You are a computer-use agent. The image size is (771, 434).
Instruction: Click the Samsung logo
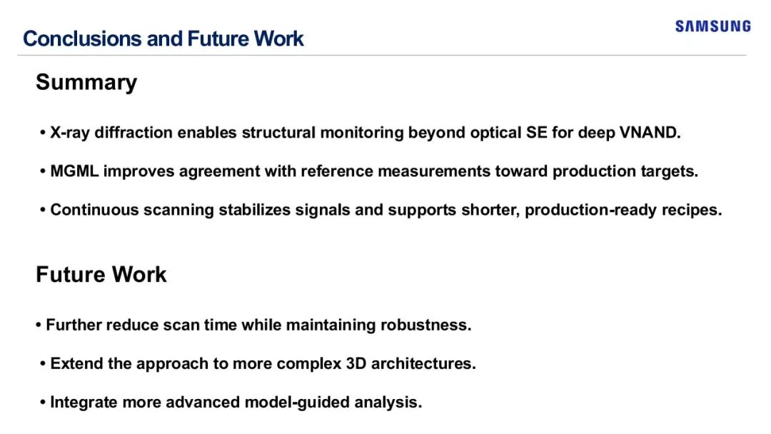pyautogui.click(x=713, y=26)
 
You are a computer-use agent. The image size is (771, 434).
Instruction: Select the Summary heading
pyautogui.click(x=86, y=82)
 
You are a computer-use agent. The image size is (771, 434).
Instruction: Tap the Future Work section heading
pyautogui.click(x=101, y=274)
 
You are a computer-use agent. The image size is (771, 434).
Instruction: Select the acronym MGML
pyautogui.click(x=74, y=171)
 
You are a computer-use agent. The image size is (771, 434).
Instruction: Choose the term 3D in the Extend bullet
pyautogui.click(x=356, y=364)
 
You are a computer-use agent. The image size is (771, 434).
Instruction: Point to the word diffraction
pyautogui.click(x=133, y=133)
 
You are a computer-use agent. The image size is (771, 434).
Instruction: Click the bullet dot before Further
pyautogui.click(x=39, y=325)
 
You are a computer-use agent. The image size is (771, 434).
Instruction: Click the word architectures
pyautogui.click(x=423, y=364)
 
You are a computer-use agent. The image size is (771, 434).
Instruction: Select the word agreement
pyautogui.click(x=219, y=171)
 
